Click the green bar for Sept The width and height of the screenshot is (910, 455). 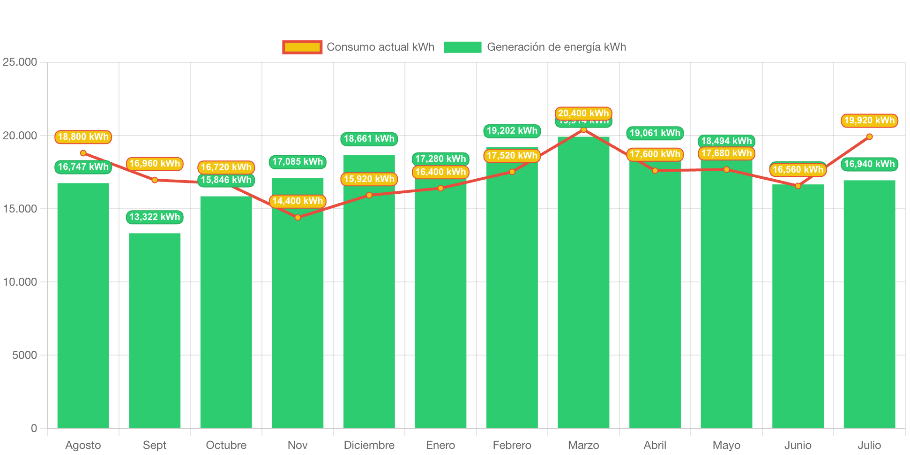(x=155, y=330)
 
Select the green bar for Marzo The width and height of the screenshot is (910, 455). (x=583, y=282)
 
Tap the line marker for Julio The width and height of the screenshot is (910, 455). (x=869, y=136)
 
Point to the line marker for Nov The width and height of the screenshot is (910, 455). (x=298, y=218)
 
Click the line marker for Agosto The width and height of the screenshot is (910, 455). (x=83, y=153)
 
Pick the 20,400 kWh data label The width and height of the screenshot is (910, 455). (x=583, y=113)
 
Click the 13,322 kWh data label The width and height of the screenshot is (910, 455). (x=155, y=217)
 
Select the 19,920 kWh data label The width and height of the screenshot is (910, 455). (x=869, y=120)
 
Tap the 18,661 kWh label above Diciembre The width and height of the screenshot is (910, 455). (x=369, y=138)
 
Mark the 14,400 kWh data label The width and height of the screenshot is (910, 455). (x=298, y=201)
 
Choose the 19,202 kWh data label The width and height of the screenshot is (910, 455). (x=512, y=130)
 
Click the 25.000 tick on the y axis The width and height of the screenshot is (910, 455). (x=20, y=62)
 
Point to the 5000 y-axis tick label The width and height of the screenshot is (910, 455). (x=24, y=355)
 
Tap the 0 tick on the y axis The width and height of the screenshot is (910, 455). (x=34, y=428)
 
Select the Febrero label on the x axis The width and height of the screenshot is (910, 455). (x=512, y=445)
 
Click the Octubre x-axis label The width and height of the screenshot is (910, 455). (x=226, y=445)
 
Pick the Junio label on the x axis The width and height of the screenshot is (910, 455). (x=798, y=445)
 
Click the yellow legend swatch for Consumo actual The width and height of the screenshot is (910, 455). (x=302, y=47)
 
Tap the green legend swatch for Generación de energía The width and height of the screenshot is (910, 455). (x=462, y=47)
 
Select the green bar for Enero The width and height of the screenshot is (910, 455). (x=440, y=305)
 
